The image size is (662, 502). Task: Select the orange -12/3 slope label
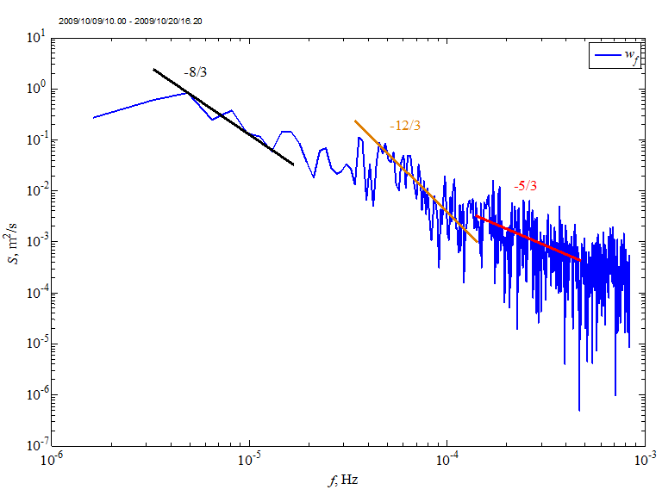(404, 127)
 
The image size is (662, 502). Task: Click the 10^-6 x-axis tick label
(53, 460)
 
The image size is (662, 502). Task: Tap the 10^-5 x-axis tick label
(250, 460)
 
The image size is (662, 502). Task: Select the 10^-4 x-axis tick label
(447, 460)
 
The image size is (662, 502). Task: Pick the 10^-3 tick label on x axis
(642, 460)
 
